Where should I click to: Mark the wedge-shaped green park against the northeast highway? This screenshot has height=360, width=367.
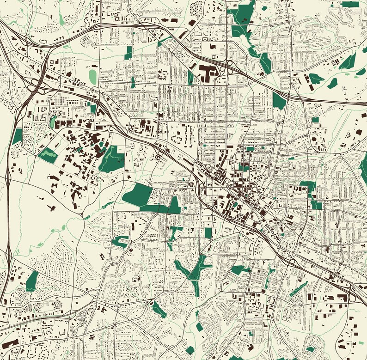279,100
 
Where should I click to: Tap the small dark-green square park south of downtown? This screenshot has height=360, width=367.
208,233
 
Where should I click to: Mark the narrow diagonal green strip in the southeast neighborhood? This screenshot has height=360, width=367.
299,289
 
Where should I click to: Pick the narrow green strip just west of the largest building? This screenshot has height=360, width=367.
190,78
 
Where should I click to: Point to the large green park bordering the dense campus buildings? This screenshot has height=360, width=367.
112,159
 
